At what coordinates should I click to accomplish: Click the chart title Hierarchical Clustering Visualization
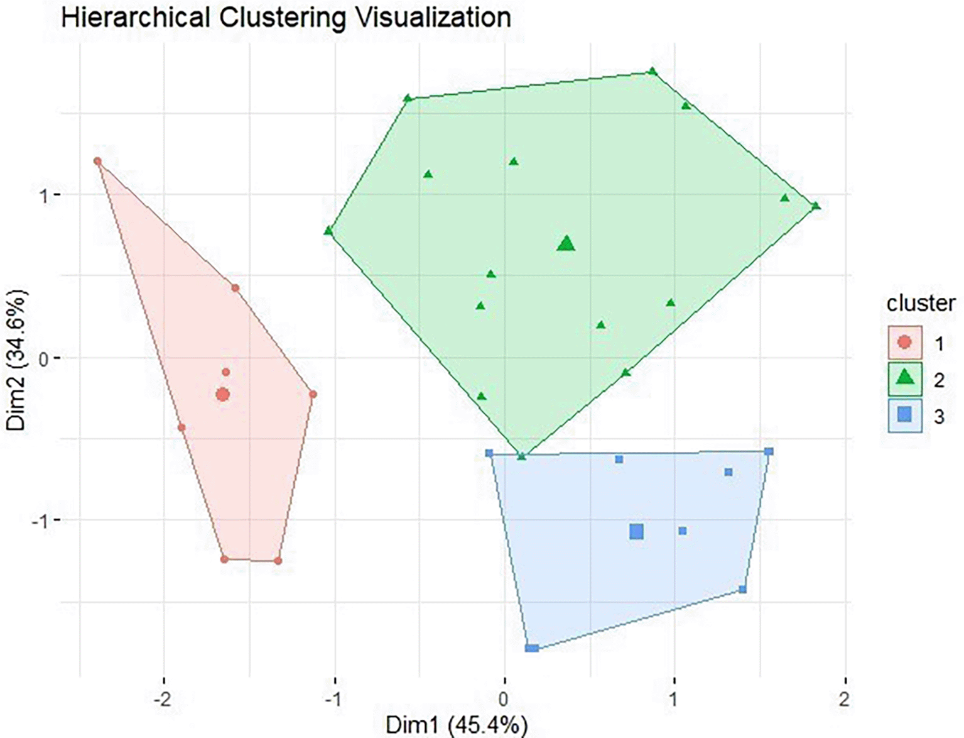pyautogui.click(x=286, y=18)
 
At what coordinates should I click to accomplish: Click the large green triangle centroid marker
pyautogui.click(x=566, y=244)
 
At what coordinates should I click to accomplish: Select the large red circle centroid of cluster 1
pyautogui.click(x=222, y=395)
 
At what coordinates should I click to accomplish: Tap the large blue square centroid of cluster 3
pyautogui.click(x=636, y=532)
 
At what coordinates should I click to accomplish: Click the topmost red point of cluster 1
pyautogui.click(x=97, y=162)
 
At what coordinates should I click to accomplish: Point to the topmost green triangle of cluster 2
pyautogui.click(x=653, y=72)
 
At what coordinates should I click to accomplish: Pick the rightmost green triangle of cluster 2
pyautogui.click(x=815, y=206)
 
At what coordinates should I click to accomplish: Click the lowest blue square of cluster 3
pyautogui.click(x=532, y=648)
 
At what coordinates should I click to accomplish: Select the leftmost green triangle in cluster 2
pyautogui.click(x=328, y=231)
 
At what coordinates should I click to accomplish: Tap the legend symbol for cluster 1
pyautogui.click(x=904, y=343)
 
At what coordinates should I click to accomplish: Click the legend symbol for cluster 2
pyautogui.click(x=904, y=378)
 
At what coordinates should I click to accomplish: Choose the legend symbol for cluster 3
pyautogui.click(x=904, y=415)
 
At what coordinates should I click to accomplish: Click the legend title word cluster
pyautogui.click(x=921, y=304)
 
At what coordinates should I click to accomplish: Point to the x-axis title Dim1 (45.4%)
pyautogui.click(x=457, y=725)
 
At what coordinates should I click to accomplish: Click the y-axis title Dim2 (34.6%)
pyautogui.click(x=17, y=360)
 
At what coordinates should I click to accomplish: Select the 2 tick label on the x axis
pyautogui.click(x=844, y=699)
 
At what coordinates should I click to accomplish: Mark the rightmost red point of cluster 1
pyautogui.click(x=313, y=395)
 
